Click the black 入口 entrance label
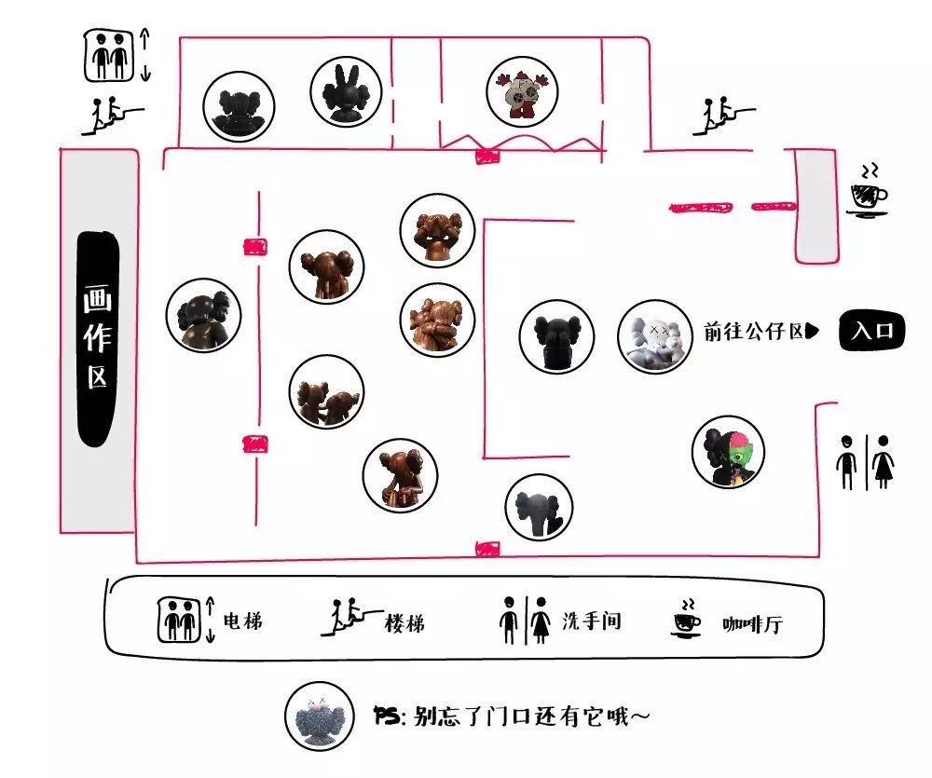(871, 331)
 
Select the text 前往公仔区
(755, 332)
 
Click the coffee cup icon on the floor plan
(868, 193)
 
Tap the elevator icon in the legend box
(177, 620)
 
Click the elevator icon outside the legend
(111, 56)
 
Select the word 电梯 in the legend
(243, 621)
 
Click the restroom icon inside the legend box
(525, 620)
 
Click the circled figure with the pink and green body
(728, 452)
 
